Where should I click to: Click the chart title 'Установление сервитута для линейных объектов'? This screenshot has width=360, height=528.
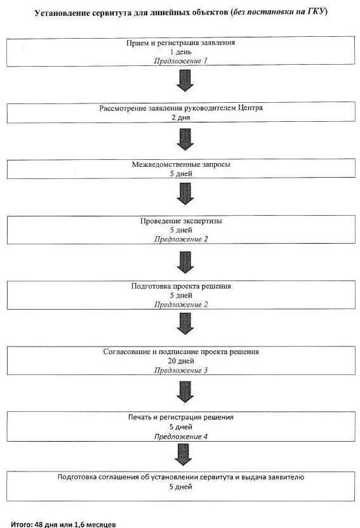point(131,13)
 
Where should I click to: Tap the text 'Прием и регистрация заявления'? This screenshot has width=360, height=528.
point(180,43)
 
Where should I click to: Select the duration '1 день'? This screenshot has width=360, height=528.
point(180,52)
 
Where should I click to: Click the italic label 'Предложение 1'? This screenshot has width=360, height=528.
point(180,61)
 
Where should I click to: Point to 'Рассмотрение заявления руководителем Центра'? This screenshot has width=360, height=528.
point(181,108)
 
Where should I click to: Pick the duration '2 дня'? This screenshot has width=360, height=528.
point(181,117)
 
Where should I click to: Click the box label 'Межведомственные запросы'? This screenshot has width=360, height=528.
point(181,164)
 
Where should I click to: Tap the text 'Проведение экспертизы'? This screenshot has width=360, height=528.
point(181,221)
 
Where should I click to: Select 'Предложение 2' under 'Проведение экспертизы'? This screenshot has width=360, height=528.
point(181,239)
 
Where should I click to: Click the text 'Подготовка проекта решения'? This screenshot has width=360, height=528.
point(181,286)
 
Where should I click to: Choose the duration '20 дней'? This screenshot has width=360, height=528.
point(181,361)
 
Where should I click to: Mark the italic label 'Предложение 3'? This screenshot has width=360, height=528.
point(181,371)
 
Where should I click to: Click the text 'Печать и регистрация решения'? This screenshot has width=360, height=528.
point(181,417)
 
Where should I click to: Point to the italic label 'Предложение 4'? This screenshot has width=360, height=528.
point(181,437)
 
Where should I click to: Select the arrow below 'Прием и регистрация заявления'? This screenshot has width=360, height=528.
point(185,81)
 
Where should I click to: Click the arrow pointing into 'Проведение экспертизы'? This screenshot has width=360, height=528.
point(185,194)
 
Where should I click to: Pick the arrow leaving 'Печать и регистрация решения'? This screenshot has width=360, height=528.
point(183,454)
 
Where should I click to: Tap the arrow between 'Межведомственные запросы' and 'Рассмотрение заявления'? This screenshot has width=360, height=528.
point(185,140)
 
